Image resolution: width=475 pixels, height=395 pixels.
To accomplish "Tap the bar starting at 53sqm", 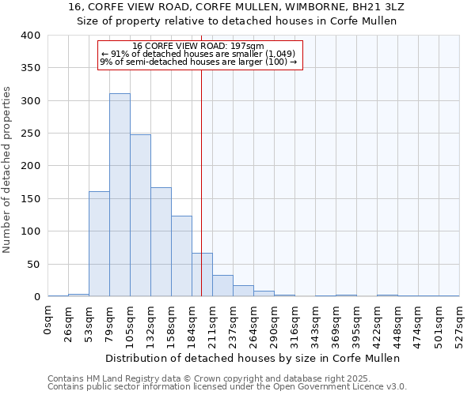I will click(x=99, y=244).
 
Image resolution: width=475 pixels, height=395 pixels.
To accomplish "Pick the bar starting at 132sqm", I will click(x=161, y=242).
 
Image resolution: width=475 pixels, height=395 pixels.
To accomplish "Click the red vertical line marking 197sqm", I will click(x=201, y=158).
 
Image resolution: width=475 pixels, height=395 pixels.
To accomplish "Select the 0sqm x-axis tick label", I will click(x=48, y=320).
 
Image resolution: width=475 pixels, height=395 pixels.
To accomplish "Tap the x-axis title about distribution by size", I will click(x=253, y=358).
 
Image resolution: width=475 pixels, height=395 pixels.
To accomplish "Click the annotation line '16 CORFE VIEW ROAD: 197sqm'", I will click(x=199, y=47).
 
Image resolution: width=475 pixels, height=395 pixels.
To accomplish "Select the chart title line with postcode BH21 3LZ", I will click(x=237, y=6).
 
